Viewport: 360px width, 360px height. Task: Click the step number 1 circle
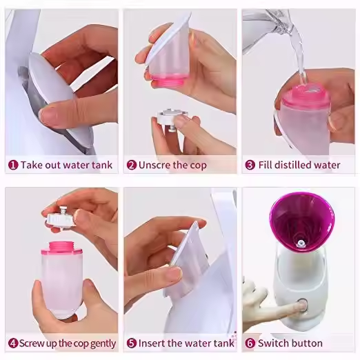pos(13,165)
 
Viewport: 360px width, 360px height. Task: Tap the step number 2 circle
pos(132,165)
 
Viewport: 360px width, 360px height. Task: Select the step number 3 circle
pos(250,165)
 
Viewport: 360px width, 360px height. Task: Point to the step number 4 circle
pos(13,343)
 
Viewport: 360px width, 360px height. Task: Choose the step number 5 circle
pos(132,343)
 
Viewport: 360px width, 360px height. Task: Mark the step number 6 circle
pos(250,343)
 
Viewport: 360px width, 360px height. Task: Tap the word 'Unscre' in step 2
pos(154,165)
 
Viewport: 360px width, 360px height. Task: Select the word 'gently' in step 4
pos(103,344)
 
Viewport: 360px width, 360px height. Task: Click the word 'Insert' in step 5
pos(152,343)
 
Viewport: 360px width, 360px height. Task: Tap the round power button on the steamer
pos(303,303)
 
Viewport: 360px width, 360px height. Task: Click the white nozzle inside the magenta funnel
pos(300,243)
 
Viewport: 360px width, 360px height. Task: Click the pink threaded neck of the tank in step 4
pos(61,248)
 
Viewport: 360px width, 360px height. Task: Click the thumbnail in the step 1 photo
pos(46,115)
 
